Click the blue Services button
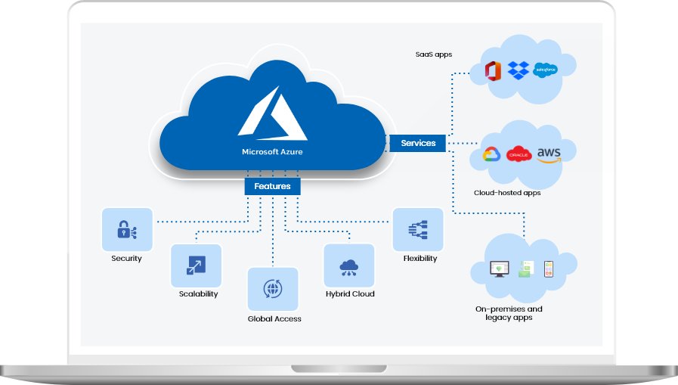[x=418, y=143]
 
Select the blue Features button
[x=272, y=186]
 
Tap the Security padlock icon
[x=126, y=231]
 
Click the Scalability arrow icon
[x=196, y=266]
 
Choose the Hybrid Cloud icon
[x=349, y=266]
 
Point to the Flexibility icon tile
[x=418, y=229]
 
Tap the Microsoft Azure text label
[x=273, y=151]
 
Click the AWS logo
[x=550, y=154]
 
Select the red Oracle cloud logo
[x=519, y=154]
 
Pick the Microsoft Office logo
[x=494, y=72]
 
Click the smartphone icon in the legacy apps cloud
[x=549, y=269]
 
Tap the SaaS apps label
[x=433, y=54]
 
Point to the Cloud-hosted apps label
[x=507, y=193]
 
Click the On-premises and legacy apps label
[x=509, y=313]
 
